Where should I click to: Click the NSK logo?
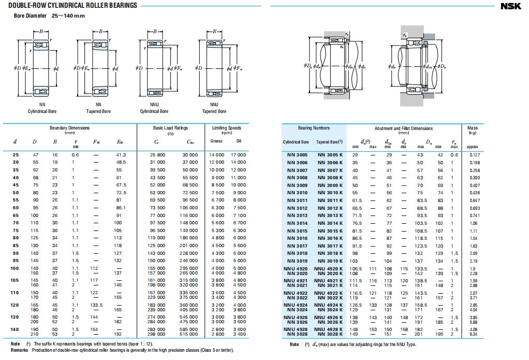coord(513,6)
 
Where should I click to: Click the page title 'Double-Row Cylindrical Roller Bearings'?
coord(73,6)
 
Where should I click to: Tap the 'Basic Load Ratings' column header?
coord(171,128)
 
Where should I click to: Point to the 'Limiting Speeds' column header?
coord(227,128)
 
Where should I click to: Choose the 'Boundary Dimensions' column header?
coord(69,128)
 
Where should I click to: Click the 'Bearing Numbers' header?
coord(314,128)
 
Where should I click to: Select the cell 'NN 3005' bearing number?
coord(297,155)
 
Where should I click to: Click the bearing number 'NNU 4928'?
coord(297,329)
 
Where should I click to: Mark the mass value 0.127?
coord(475,155)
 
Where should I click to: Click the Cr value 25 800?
coord(157,155)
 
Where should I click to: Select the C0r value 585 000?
coord(189,329)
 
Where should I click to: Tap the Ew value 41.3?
coord(122,155)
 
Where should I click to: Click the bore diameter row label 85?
coord(16,246)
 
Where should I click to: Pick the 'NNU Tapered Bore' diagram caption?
coord(214,108)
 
